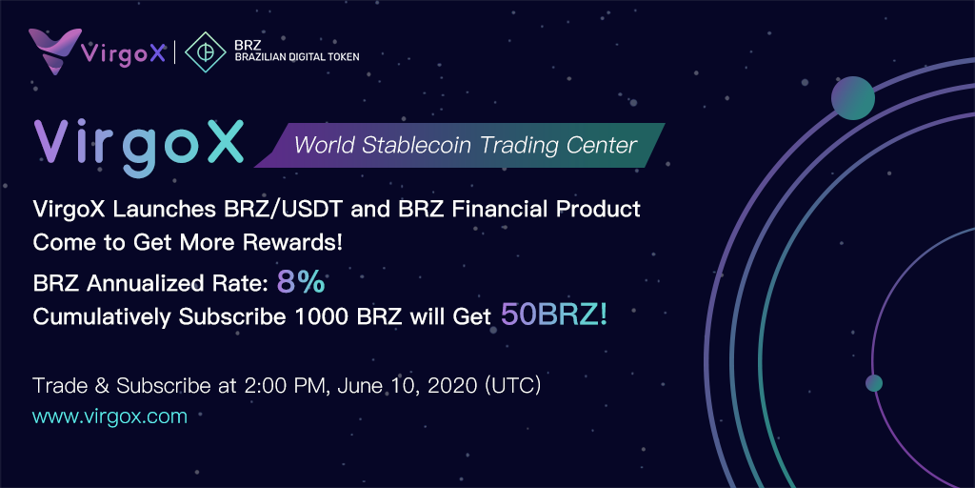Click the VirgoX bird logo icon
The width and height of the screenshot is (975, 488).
tap(54, 51)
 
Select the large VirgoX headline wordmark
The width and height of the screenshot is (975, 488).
tap(138, 143)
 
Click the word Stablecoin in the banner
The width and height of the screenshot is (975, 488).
tap(428, 145)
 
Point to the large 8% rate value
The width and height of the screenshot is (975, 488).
tap(301, 282)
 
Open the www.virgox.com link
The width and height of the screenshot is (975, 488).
tap(110, 416)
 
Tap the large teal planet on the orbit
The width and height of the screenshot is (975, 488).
tap(853, 98)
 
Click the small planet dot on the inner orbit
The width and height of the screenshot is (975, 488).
tap(874, 383)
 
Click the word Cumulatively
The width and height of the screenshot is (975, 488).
tap(103, 316)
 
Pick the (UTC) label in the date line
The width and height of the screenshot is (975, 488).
tap(512, 386)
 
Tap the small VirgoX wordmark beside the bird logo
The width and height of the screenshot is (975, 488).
tap(124, 53)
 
